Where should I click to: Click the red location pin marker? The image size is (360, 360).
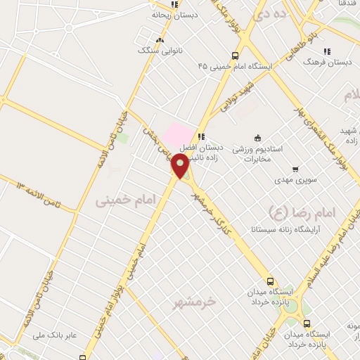click(180, 165)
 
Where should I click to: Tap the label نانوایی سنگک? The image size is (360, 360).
click(160, 51)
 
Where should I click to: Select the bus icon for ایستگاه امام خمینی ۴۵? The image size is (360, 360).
click(235, 56)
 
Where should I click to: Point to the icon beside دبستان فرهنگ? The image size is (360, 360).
click(326, 51)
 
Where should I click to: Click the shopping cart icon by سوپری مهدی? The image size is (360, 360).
click(295, 169)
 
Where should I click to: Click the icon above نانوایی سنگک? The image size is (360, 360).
click(160, 40)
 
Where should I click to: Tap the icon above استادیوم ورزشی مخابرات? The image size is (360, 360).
click(258, 138)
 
